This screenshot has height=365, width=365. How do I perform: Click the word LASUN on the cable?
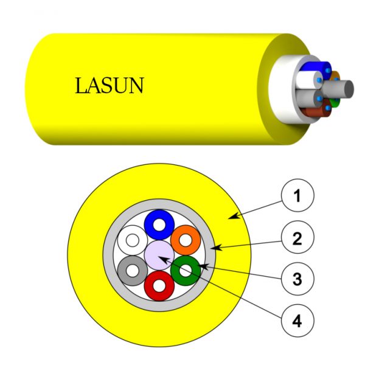click(109, 85)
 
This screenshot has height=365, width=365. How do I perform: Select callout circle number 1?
click(297, 195)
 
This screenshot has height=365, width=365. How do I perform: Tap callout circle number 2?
click(297, 237)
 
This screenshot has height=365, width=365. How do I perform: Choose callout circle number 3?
click(297, 279)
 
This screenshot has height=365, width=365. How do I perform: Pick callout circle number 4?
click(297, 321)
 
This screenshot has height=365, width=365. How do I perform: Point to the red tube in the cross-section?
click(159, 293)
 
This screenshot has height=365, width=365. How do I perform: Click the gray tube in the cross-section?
click(125, 271)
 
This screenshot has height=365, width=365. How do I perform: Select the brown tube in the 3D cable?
click(315, 112)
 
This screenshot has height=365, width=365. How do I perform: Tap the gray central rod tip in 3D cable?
click(349, 89)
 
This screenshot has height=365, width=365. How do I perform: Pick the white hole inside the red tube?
click(159, 286)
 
